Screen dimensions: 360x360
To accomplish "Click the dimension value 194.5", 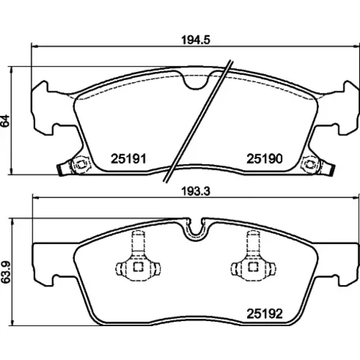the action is tap(196, 40).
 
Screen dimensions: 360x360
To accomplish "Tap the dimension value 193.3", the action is tap(196, 192).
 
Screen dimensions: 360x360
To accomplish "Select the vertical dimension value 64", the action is tap(5, 121).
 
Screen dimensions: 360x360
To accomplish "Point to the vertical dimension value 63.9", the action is tap(5, 272).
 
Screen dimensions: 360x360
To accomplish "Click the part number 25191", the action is tap(128, 158).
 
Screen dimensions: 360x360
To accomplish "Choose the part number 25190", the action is tap(265, 158).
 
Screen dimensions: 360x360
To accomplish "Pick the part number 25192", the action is tap(265, 314).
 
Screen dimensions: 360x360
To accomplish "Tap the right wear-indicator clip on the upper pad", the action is tap(318, 165).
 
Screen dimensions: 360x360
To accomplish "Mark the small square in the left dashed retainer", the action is tap(138, 267).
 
